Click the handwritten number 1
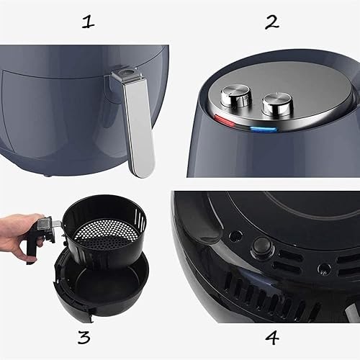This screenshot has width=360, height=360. tap(88, 22)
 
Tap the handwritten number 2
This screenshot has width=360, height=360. tap(271, 22)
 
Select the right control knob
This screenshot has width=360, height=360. tap(274, 105)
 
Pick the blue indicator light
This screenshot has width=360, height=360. tap(264, 130)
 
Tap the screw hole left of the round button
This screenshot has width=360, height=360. tap(235, 235)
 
